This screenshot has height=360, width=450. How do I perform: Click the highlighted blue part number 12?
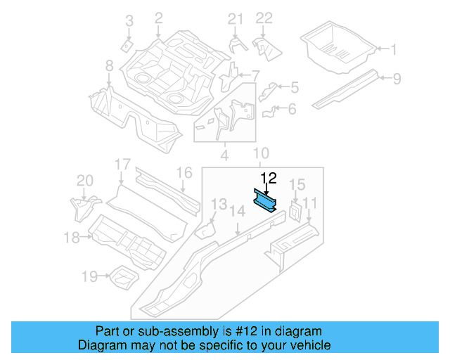tap(266, 199)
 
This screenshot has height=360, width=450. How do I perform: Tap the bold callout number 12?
tap(269, 179)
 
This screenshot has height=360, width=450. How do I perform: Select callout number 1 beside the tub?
tap(394, 49)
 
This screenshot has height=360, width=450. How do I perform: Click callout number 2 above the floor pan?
tap(158, 18)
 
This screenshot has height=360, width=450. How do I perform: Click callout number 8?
tap(109, 65)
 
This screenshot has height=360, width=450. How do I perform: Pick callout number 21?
tap(234, 18)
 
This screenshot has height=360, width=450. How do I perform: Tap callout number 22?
tap(263, 18)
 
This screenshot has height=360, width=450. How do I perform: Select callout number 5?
tap(294, 87)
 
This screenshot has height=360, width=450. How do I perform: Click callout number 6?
tap(292, 108)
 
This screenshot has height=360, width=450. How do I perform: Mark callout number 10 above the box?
tap(260, 153)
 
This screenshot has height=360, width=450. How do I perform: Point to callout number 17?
tap(122, 165)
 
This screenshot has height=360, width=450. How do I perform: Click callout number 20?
tap(84, 181)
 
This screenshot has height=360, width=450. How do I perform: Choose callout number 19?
tap(89, 276)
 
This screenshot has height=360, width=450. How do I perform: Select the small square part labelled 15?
tap(294, 210)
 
